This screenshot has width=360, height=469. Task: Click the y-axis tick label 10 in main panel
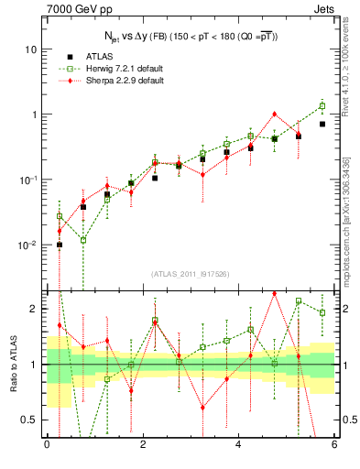(30, 49)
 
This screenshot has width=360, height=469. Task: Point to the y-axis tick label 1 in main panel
(34, 115)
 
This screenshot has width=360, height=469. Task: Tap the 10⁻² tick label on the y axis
(28, 245)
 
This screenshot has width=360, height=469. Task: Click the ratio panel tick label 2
(34, 309)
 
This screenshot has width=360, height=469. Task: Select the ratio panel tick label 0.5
(29, 420)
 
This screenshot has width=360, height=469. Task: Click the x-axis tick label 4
(239, 445)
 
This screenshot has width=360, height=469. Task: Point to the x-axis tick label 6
(334, 445)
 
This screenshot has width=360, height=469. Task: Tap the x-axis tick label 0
(47, 445)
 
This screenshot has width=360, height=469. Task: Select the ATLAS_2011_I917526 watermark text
(190, 274)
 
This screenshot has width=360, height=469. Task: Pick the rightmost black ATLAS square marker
(322, 124)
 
